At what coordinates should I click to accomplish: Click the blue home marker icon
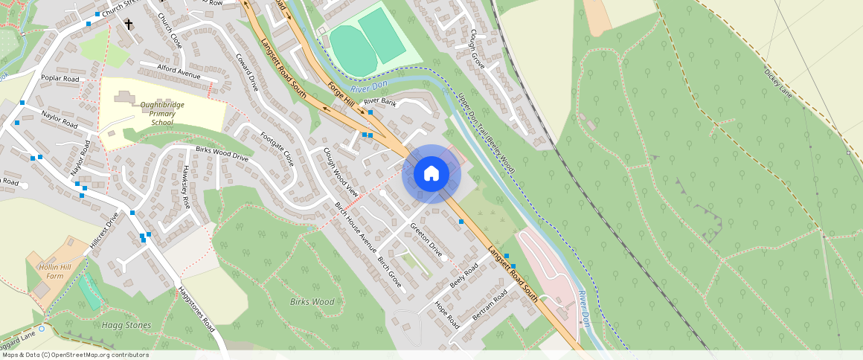click(x=431, y=174)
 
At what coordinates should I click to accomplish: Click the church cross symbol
click(x=129, y=25)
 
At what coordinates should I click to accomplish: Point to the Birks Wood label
click(x=312, y=302)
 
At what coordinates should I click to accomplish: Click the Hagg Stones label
click(x=126, y=325)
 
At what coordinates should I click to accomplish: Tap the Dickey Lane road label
click(x=777, y=82)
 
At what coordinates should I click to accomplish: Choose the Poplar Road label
click(x=60, y=78)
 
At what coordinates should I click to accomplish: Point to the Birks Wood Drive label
click(x=222, y=154)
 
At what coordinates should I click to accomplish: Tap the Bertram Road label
click(x=490, y=305)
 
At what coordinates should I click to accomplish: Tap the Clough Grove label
click(x=477, y=50)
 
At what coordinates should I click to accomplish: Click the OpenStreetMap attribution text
click(x=75, y=355)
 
